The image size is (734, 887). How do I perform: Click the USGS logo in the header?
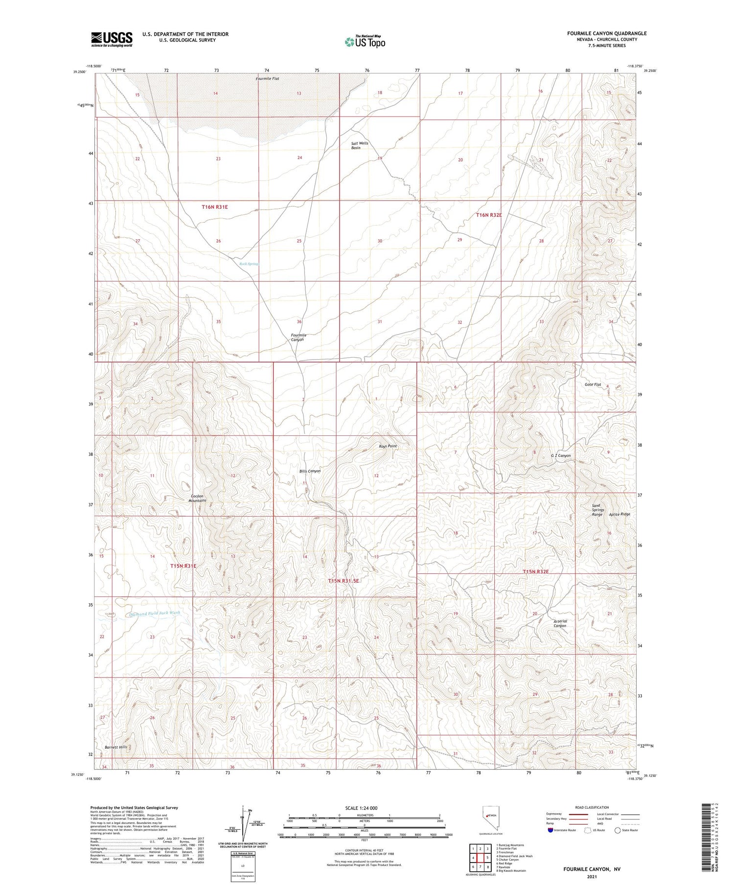[112, 39]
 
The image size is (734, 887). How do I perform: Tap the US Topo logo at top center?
[365, 42]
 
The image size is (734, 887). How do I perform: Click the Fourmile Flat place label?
[268, 78]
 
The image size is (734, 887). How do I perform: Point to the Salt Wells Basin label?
[359, 145]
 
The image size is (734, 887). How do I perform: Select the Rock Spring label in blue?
[249, 264]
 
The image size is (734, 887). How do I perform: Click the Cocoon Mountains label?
[198, 498]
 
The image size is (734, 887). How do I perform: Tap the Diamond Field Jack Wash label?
[155, 613]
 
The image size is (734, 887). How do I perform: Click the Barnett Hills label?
[115, 747]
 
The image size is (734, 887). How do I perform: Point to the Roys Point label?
[388, 446]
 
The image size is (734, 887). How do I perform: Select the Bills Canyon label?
[310, 471]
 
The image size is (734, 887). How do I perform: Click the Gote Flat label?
[593, 385]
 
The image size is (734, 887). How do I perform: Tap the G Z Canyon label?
[561, 455]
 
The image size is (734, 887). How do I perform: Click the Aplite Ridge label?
[619, 514]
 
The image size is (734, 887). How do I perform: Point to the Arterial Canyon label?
[560, 623]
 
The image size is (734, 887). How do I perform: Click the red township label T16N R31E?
[215, 207]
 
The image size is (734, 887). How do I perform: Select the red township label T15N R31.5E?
[343, 581]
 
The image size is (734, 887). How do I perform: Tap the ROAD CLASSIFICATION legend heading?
[592, 807]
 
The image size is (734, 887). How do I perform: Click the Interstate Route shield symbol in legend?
[550, 830]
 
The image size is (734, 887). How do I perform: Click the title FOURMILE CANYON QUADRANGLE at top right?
[606, 33]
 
